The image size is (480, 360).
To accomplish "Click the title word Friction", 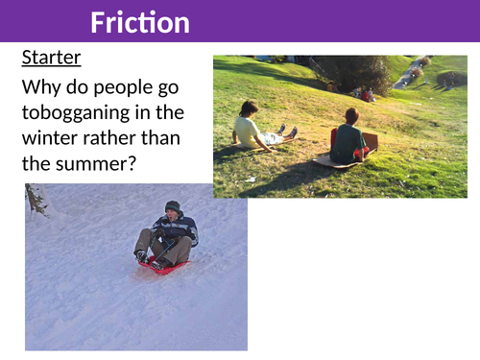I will pyautogui.click(x=140, y=22).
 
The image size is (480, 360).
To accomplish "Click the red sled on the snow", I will pyautogui.click(x=163, y=266).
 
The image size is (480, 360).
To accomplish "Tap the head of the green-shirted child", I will pyautogui.click(x=350, y=115).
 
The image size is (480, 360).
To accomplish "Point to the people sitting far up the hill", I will pyautogui.click(x=367, y=94).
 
